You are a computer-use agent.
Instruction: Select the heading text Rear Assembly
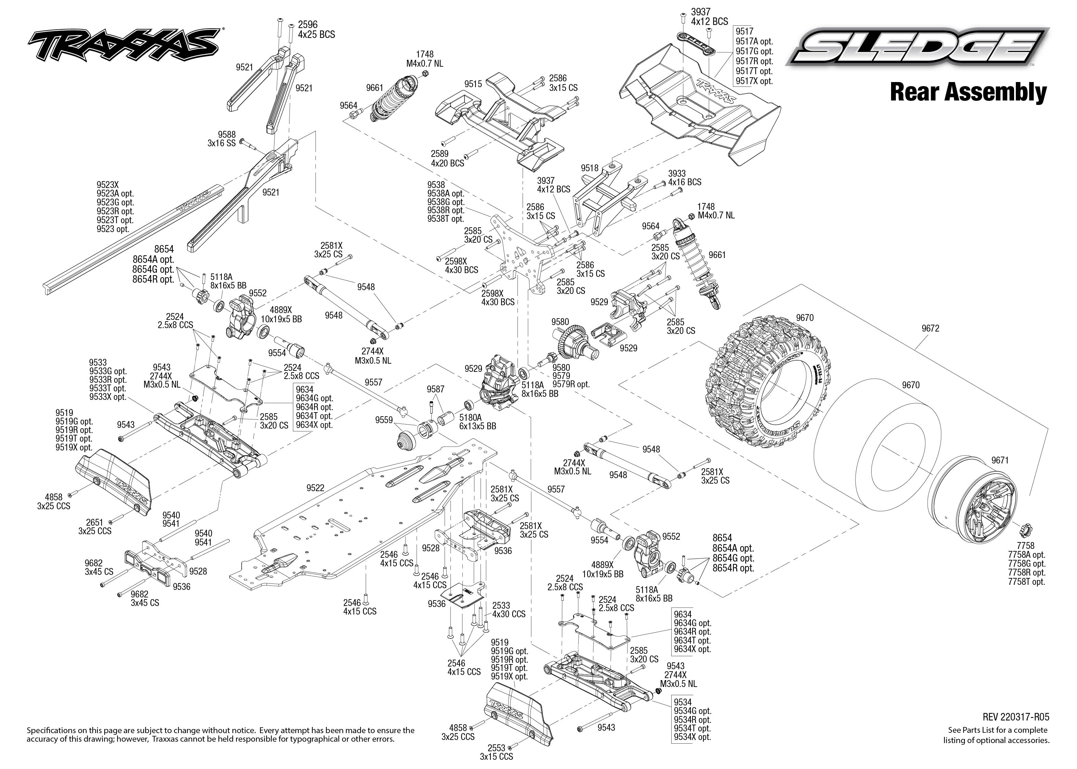pos(968,92)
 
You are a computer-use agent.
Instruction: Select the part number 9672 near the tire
pos(930,328)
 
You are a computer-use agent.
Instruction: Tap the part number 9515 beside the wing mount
pos(473,84)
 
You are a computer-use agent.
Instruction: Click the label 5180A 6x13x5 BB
pos(477,422)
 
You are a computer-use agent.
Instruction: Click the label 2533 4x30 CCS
pos(509,609)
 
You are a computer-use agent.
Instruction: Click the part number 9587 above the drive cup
pos(435,389)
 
